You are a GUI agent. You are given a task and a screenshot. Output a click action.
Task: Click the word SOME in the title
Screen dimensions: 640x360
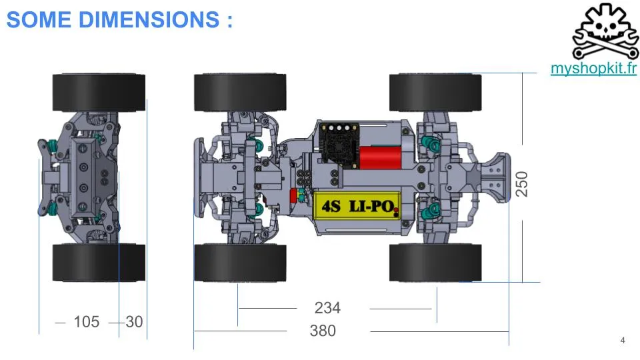point(39,19)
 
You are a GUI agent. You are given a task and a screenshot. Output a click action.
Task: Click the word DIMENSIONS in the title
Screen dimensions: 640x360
point(149,19)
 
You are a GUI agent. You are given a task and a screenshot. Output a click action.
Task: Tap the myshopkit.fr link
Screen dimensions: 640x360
point(593,68)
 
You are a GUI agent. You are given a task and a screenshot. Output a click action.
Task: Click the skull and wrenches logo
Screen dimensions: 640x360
point(605,31)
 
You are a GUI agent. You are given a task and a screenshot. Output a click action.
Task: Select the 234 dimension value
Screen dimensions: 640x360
point(327,308)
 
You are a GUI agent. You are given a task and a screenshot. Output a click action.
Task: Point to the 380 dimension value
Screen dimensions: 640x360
point(323,331)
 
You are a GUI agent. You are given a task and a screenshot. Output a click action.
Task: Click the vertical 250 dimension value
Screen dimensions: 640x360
point(521,184)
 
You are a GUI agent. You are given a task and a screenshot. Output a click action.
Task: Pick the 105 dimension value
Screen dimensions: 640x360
point(87,321)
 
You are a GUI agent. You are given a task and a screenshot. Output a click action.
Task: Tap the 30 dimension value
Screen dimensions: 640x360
point(134,321)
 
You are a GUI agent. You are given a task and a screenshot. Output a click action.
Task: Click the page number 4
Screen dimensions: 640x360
point(623,340)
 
